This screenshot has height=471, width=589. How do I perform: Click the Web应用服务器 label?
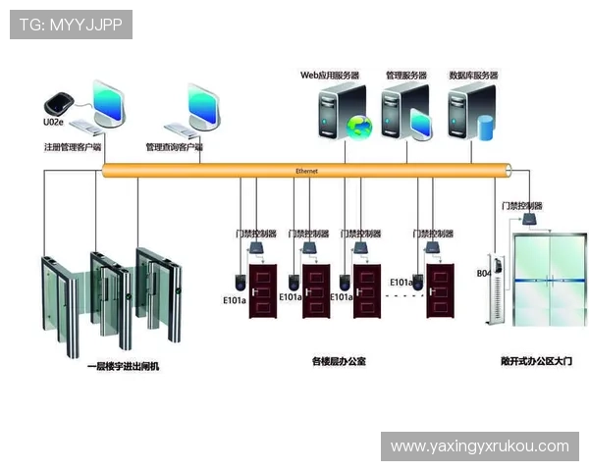(330, 75)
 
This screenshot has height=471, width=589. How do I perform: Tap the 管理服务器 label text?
(405, 75)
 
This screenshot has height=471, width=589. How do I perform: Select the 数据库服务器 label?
(473, 75)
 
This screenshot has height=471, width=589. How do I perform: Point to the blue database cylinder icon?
(485, 128)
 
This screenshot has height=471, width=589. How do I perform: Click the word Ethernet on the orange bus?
(306, 171)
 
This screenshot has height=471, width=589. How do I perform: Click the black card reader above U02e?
(57, 102)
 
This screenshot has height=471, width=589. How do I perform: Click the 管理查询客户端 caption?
(174, 147)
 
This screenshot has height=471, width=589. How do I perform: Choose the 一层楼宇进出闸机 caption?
(122, 366)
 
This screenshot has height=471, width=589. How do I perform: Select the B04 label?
(483, 274)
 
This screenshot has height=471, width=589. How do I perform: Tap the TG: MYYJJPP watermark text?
(71, 24)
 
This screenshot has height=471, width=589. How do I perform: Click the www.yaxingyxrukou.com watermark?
(479, 446)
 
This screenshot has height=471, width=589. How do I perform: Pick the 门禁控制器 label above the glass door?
(521, 205)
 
